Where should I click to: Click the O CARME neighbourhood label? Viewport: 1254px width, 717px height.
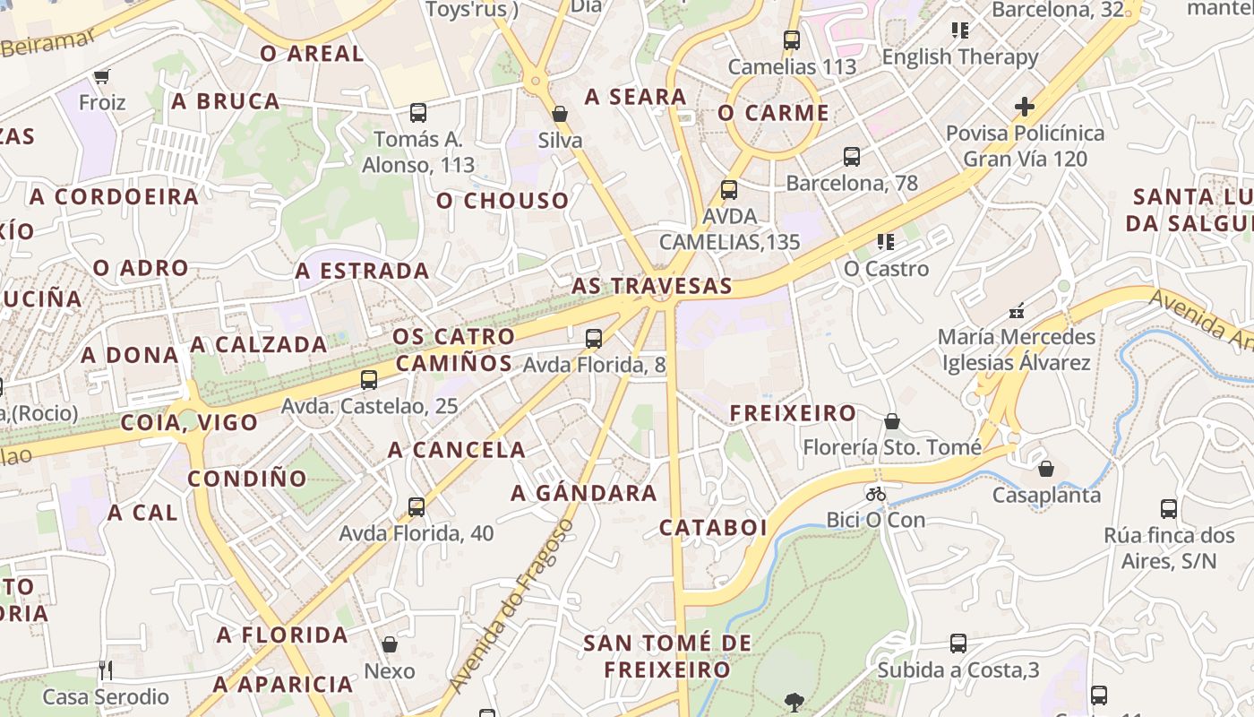[773, 113]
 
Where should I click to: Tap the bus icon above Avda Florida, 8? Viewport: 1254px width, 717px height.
[593, 339]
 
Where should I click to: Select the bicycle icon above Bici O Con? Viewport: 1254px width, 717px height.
[875, 494]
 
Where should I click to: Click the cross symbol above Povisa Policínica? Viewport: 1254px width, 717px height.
[1025, 107]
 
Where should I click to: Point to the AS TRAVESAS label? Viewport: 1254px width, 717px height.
[652, 287]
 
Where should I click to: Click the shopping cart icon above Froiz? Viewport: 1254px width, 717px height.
[101, 77]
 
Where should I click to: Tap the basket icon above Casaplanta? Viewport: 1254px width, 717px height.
[1045, 469]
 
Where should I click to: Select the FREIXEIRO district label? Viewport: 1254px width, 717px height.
[793, 413]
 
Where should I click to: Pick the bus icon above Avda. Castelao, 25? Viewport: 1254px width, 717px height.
[368, 380]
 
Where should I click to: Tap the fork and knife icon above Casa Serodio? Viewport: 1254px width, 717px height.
[106, 669]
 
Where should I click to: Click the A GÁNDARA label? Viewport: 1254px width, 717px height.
[584, 493]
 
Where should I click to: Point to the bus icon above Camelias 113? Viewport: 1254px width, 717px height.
[791, 40]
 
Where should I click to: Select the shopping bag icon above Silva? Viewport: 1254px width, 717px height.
[560, 114]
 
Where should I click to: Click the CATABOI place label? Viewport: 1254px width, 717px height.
[714, 528]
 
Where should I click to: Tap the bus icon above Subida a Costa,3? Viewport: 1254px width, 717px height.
[958, 644]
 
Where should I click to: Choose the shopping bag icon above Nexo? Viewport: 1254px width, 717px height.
[390, 644]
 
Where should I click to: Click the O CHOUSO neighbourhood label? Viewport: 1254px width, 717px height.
[502, 201]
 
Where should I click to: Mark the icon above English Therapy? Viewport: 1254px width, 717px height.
[960, 30]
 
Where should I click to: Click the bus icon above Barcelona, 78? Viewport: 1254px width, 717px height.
[852, 157]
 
